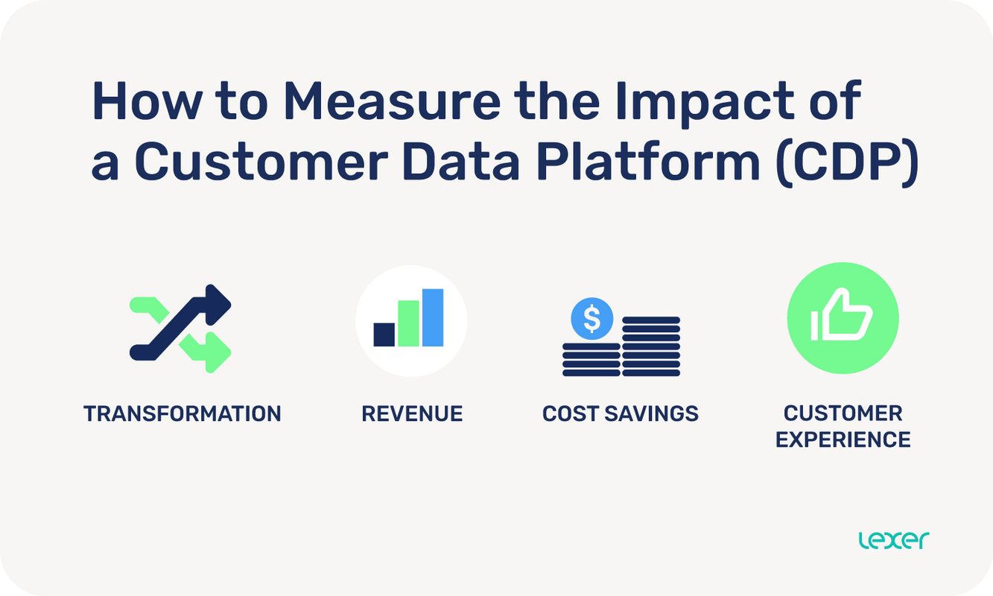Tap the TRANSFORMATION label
pyautogui.click(x=183, y=413)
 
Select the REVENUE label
pyautogui.click(x=412, y=413)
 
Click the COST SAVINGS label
pyautogui.click(x=621, y=413)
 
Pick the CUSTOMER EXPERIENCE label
pyautogui.click(x=843, y=426)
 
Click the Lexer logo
pyautogui.click(x=893, y=540)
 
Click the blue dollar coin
pyautogui.click(x=591, y=319)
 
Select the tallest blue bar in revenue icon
pyautogui.click(x=433, y=317)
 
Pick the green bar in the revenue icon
pyautogui.click(x=408, y=323)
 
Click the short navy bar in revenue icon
pyautogui.click(x=384, y=335)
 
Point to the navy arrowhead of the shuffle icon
pyautogui.click(x=218, y=301)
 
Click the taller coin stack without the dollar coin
pyautogui.click(x=651, y=346)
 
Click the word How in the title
pyautogui.click(x=146, y=102)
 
